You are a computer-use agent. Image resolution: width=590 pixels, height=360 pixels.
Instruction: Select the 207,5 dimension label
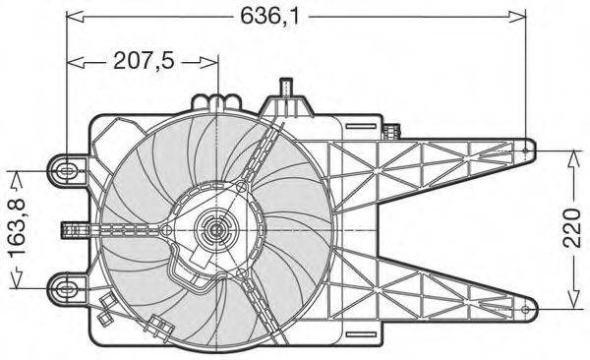pos(144,61)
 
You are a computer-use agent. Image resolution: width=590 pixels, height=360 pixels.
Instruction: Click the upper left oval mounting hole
pos(66,170)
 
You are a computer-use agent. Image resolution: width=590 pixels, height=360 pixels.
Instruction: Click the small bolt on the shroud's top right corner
pos(392,128)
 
